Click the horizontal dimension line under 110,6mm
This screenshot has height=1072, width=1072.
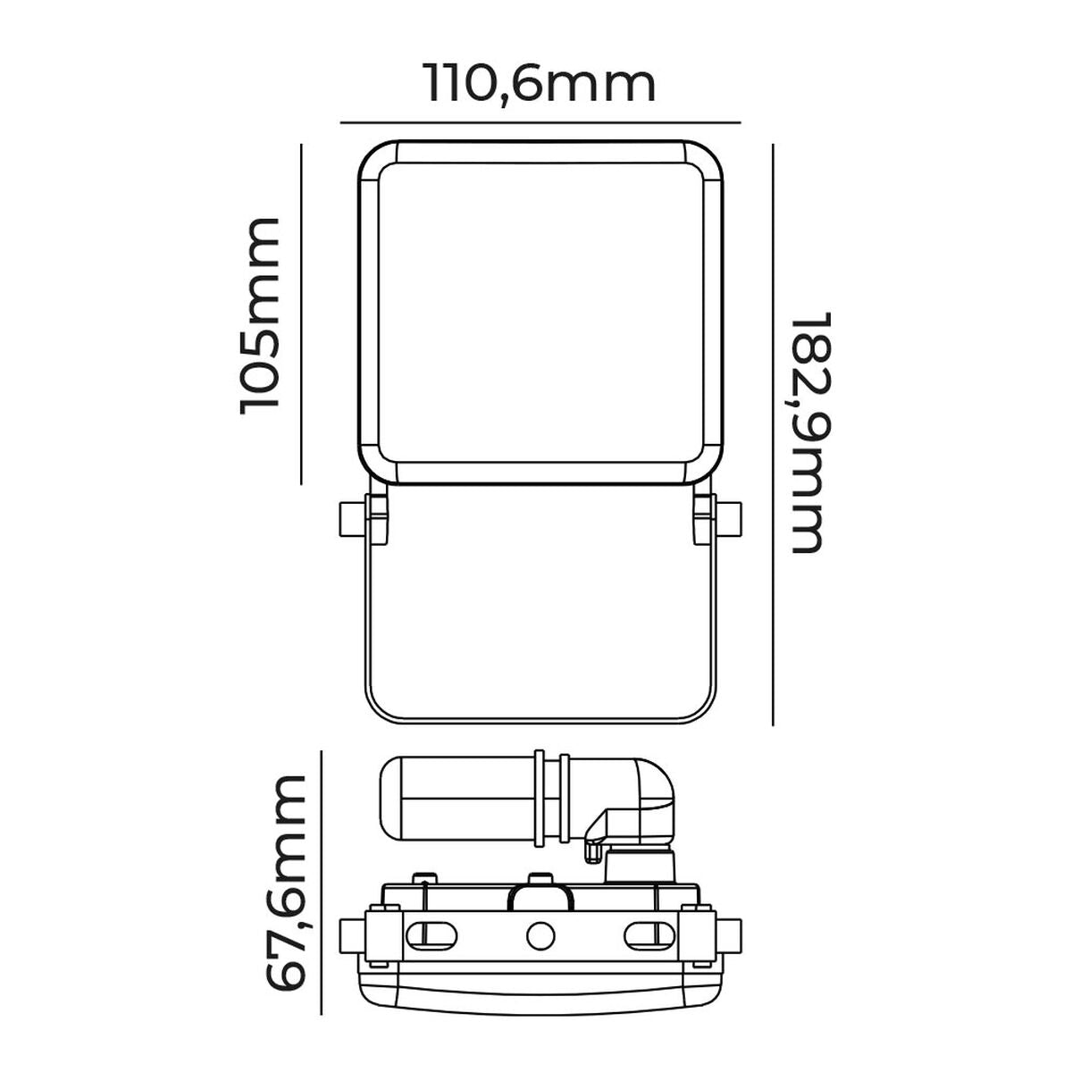click(x=540, y=121)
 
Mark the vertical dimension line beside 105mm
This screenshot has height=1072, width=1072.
click(x=303, y=313)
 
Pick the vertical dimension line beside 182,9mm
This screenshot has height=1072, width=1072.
click(x=774, y=433)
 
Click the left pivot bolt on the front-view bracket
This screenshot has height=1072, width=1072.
click(x=351, y=518)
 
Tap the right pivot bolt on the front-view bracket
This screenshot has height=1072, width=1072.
click(x=730, y=518)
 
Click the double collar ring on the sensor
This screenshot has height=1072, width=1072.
click(x=552, y=798)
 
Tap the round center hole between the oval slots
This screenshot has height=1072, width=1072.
click(x=540, y=936)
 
